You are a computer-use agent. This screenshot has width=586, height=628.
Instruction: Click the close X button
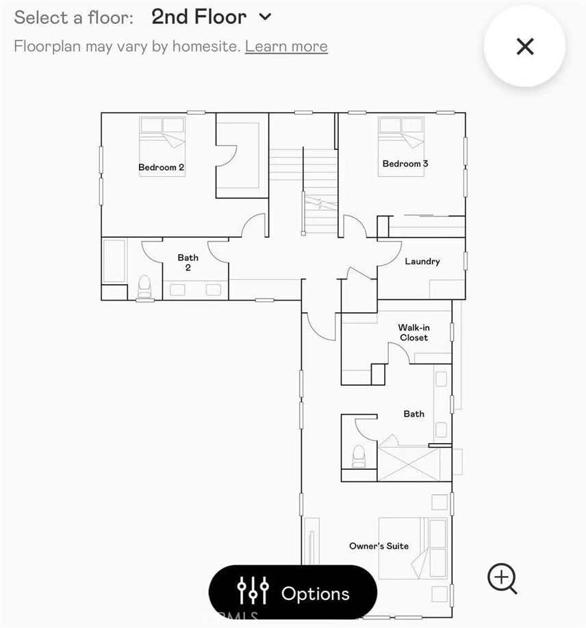tap(525, 47)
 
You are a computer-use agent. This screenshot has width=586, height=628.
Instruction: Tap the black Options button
tap(292, 593)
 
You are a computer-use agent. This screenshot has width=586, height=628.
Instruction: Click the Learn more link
tap(286, 47)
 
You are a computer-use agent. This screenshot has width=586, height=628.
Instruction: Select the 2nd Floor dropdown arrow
tap(265, 17)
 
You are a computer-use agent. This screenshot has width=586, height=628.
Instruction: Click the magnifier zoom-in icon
tap(502, 578)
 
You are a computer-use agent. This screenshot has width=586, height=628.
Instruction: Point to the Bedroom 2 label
tap(162, 167)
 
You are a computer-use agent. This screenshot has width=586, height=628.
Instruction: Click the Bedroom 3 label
tap(405, 164)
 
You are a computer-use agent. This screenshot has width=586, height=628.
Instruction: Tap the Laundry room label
tap(422, 262)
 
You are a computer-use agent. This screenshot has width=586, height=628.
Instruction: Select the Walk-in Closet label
tap(414, 332)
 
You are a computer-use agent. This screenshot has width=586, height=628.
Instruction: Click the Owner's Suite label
tap(379, 546)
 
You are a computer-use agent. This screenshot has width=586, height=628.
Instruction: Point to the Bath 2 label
tap(188, 262)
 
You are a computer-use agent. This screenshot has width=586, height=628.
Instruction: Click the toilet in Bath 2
tap(144, 287)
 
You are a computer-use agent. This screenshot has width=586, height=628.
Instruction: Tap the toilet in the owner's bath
tap(359, 456)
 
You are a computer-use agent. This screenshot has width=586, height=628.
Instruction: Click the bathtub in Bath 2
tap(114, 261)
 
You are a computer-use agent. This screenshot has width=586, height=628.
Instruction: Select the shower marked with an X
tap(409, 464)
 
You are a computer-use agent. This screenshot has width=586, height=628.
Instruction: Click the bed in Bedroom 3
tap(401, 147)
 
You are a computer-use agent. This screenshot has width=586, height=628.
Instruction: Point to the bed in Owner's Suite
tap(413, 549)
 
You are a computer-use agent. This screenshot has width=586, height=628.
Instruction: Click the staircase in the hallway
tap(303, 190)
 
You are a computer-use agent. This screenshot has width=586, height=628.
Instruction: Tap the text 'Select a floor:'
tap(74, 18)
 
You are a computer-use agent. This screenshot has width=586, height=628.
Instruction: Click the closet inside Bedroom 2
tap(242, 155)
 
